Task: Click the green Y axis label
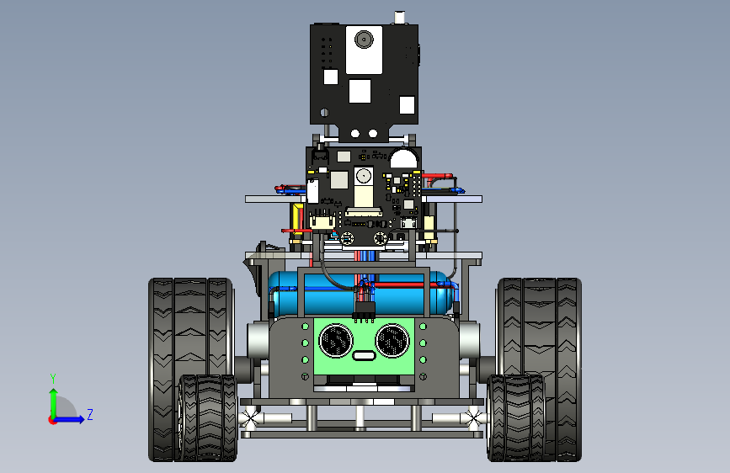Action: click(x=53, y=379)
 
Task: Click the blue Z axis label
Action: click(x=90, y=414)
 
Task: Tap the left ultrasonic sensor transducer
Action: click(x=336, y=341)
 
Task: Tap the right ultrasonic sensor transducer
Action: click(x=392, y=341)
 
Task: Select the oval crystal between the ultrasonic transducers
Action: click(x=364, y=356)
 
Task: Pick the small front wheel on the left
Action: click(x=208, y=417)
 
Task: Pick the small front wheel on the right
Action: click(x=516, y=417)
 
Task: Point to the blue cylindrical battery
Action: click(x=362, y=293)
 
